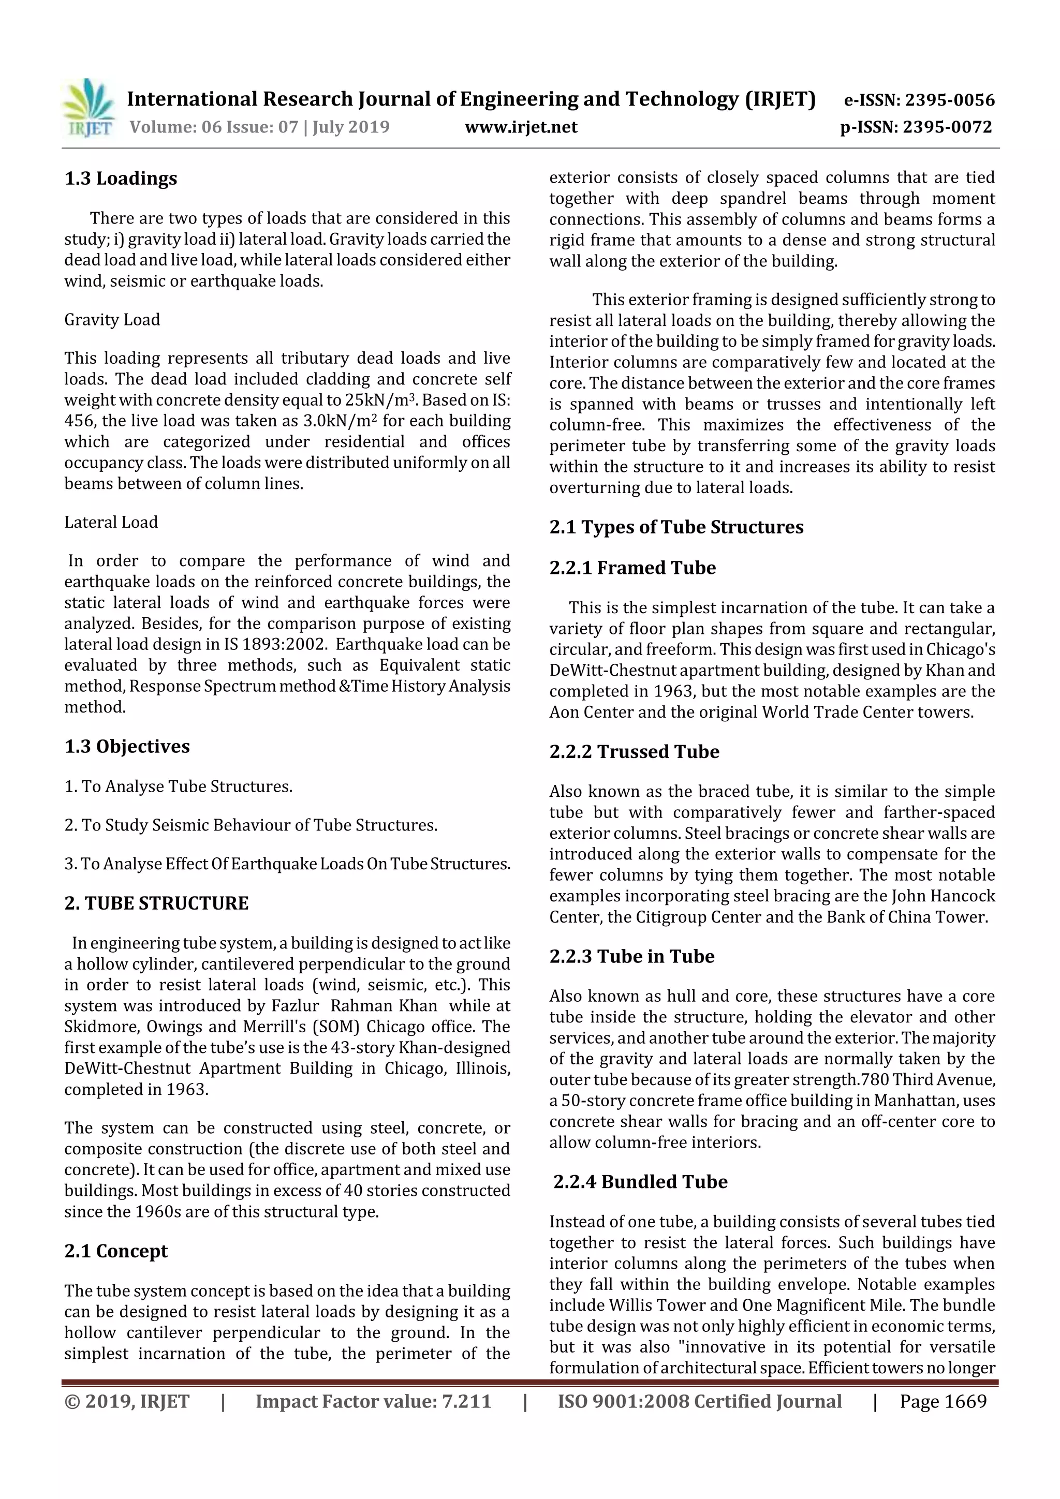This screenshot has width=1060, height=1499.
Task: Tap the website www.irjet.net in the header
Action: (521, 127)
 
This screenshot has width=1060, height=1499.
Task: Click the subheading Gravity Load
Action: (112, 319)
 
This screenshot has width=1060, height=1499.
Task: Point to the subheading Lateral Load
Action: (111, 522)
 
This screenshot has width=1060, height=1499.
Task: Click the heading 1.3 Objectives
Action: (127, 746)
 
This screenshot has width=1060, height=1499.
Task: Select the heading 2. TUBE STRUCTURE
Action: (156, 903)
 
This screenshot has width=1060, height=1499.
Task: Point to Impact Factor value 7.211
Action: (373, 1401)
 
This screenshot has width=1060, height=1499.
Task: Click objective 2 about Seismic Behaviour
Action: (251, 825)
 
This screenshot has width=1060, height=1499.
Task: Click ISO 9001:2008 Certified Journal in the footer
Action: (699, 1401)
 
